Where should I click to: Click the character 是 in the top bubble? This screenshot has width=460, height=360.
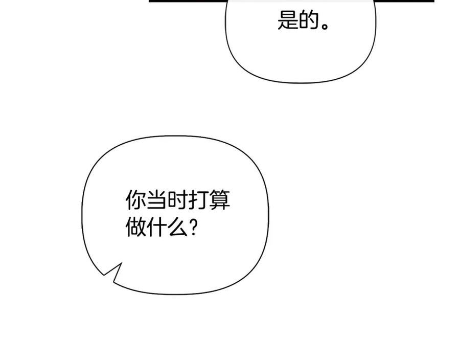(x=287, y=20)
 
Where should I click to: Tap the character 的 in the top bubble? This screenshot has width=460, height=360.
(x=309, y=20)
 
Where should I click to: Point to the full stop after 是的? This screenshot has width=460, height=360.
(x=325, y=26)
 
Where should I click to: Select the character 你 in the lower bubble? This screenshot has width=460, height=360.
(x=136, y=200)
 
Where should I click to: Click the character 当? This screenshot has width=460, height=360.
(x=157, y=200)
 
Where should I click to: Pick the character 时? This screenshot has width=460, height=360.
(x=177, y=200)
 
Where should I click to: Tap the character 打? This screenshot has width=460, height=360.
(x=198, y=200)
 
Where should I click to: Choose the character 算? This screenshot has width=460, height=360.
(x=219, y=200)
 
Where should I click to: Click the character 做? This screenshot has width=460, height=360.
(x=136, y=227)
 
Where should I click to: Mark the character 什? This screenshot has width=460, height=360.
(x=157, y=227)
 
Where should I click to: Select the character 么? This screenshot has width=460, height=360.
(x=177, y=227)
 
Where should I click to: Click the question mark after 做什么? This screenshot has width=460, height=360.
(x=193, y=227)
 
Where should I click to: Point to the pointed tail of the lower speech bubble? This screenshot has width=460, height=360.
(x=104, y=275)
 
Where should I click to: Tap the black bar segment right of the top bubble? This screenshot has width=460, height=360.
(x=404, y=1)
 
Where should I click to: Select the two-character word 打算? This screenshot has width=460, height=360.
(x=209, y=200)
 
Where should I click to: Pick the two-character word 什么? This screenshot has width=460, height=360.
(x=167, y=227)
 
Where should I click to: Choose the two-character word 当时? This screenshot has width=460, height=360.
(x=167, y=200)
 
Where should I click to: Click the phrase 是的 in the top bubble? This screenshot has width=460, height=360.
(x=298, y=20)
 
